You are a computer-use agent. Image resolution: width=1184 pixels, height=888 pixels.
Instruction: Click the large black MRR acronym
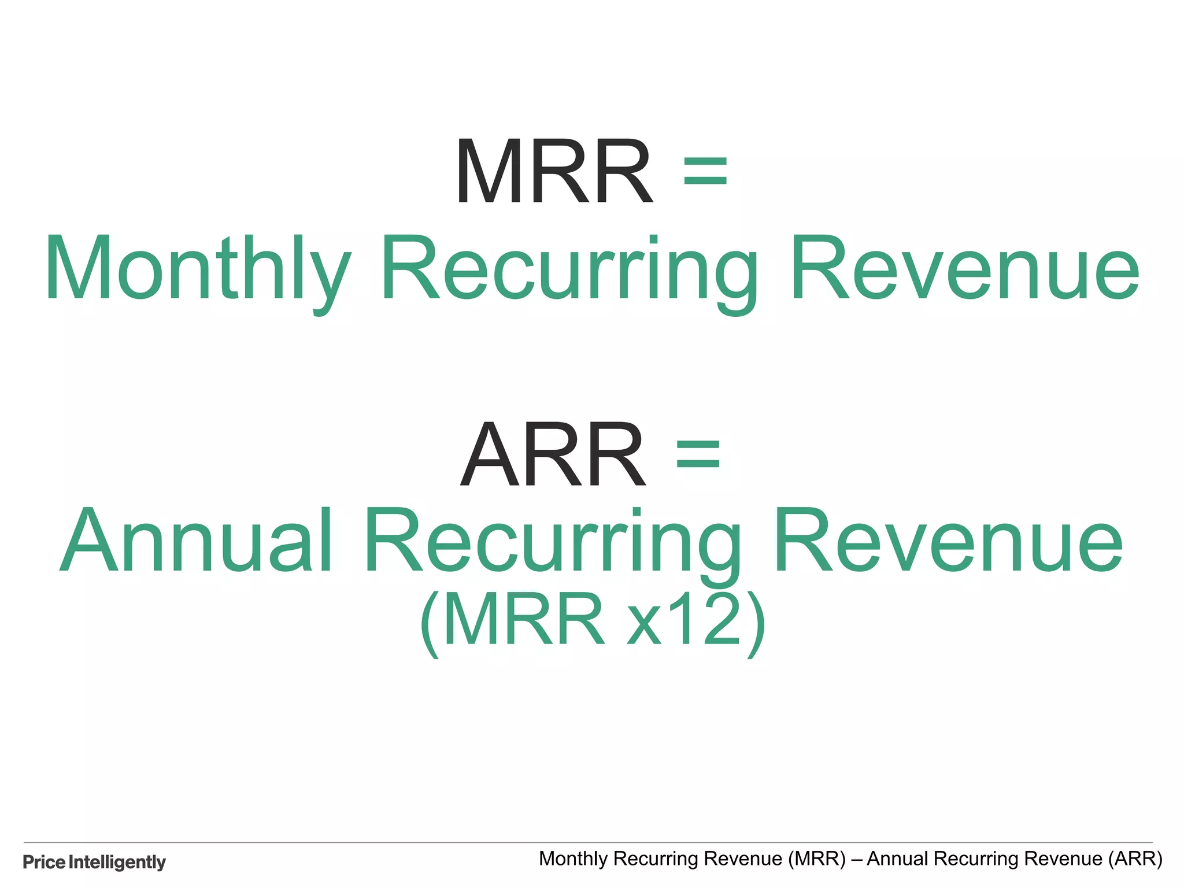(554, 172)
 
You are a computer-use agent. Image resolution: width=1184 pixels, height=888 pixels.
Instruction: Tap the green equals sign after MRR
(705, 172)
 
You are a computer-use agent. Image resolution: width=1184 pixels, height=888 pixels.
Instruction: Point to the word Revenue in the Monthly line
(964, 269)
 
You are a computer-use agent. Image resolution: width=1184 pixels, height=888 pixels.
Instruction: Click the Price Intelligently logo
(94, 862)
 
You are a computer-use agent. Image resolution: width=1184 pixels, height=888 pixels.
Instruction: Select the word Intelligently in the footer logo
(117, 862)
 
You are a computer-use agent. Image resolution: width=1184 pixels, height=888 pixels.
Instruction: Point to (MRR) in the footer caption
(817, 859)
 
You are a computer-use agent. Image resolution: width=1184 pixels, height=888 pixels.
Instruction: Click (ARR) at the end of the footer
(1135, 859)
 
